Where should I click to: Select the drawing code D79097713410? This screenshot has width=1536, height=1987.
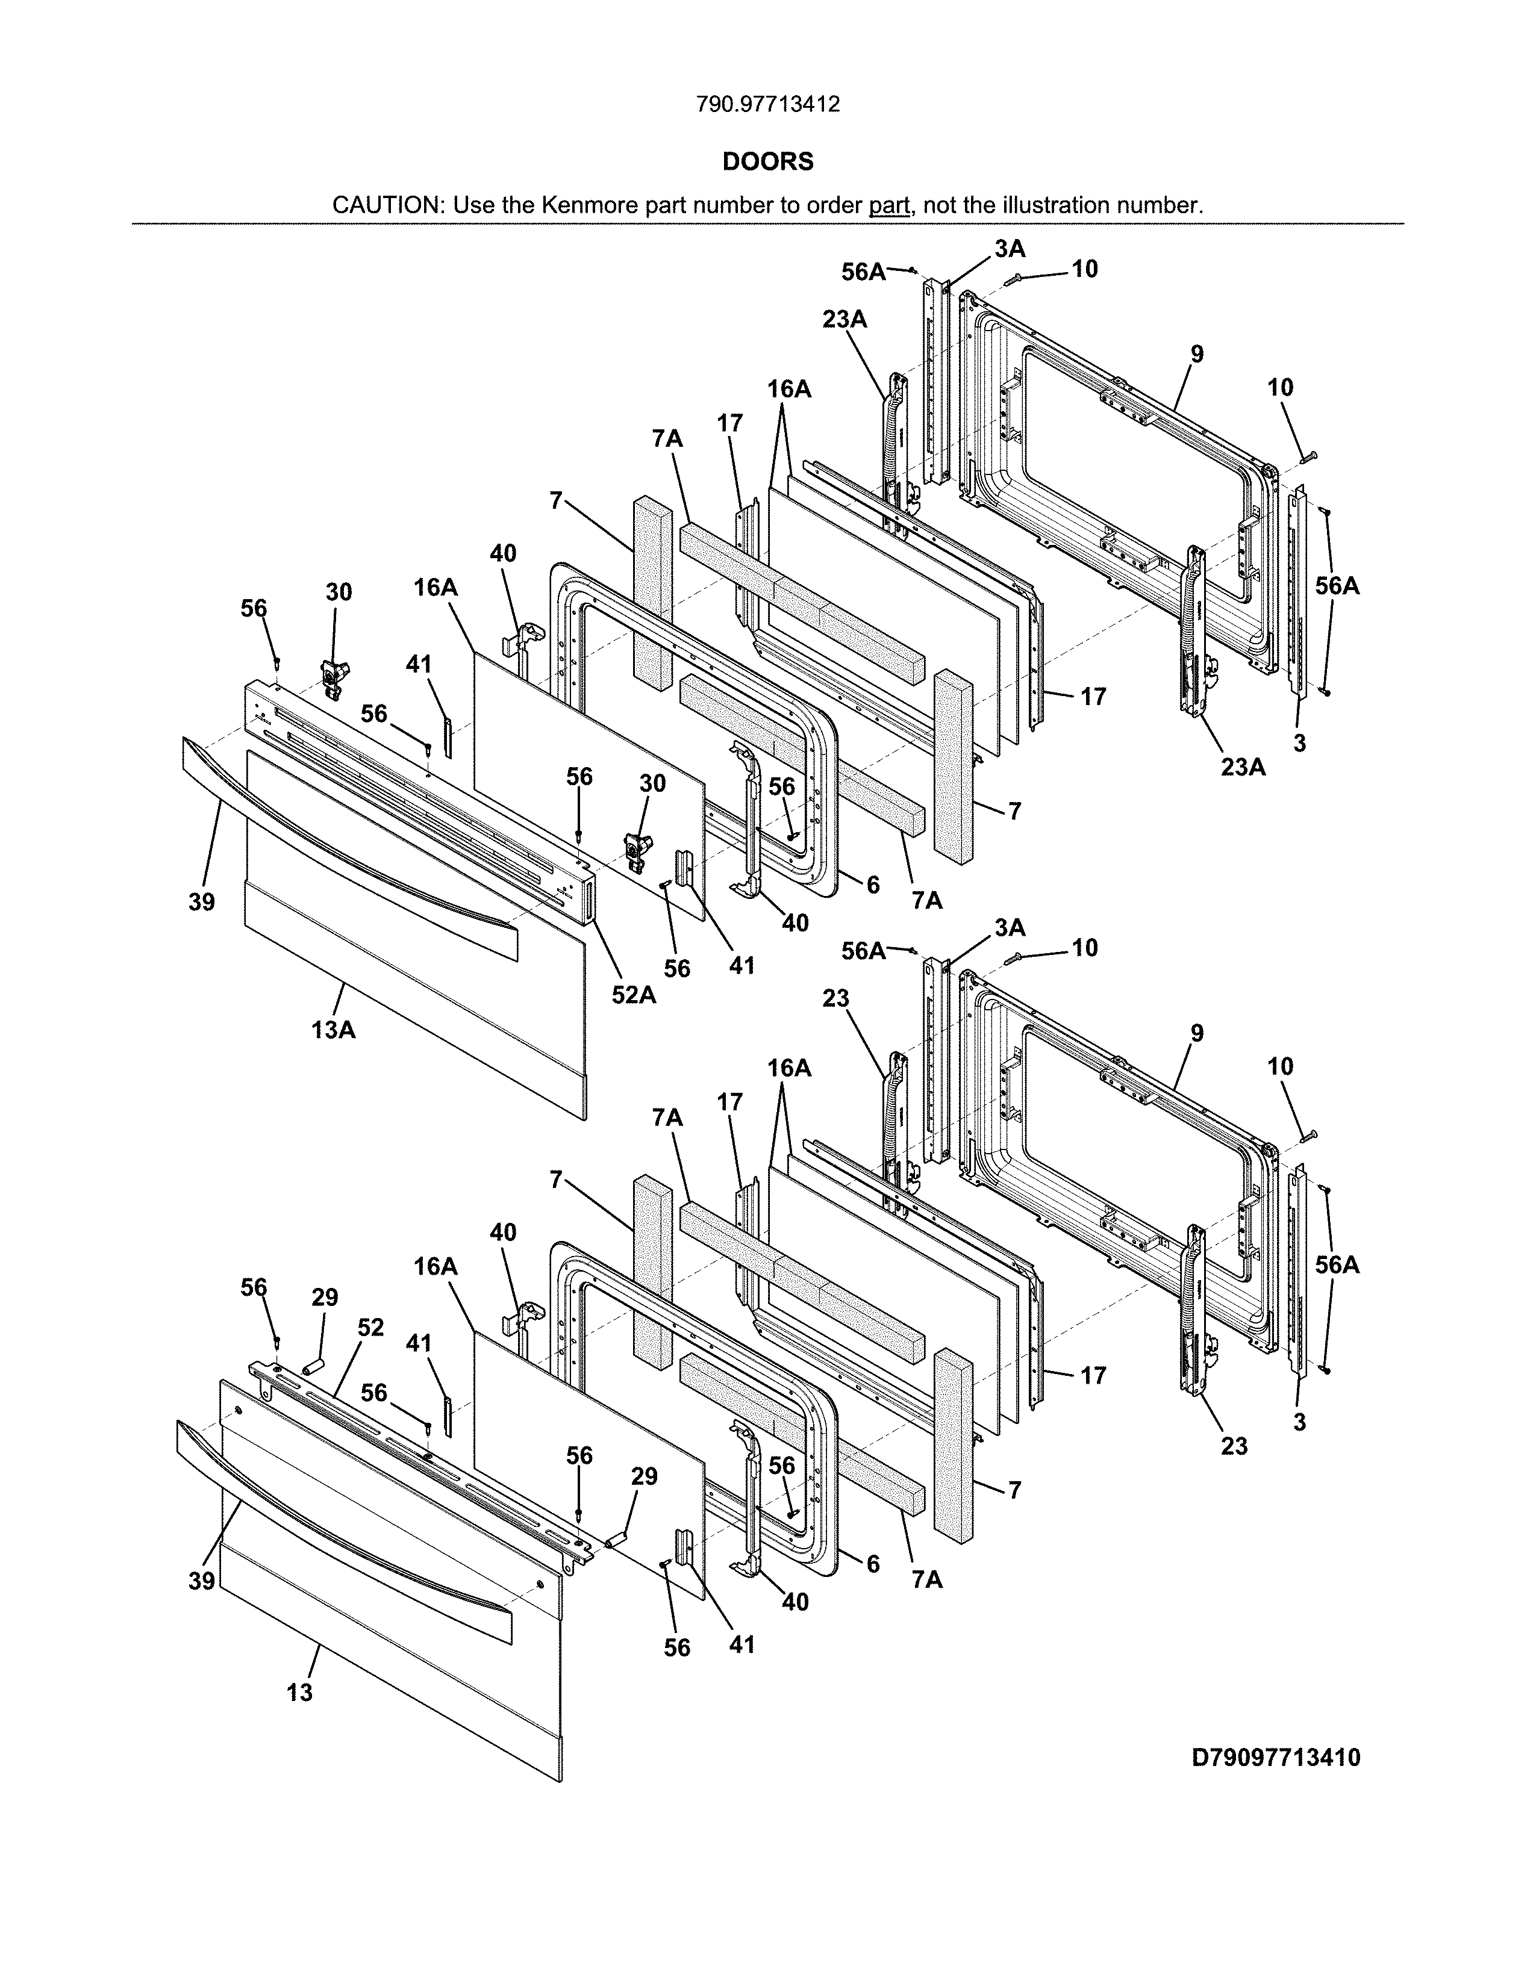1276,1758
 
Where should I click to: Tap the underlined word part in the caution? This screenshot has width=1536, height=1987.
889,205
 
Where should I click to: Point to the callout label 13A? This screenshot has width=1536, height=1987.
333,1030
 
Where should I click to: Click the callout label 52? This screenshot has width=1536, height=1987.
370,1328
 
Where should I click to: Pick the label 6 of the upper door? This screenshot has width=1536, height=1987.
873,885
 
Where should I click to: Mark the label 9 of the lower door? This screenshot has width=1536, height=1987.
1197,1033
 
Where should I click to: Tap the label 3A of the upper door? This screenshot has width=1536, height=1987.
1009,248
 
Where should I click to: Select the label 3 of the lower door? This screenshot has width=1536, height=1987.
1299,1422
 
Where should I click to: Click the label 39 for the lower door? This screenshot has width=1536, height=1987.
202,1581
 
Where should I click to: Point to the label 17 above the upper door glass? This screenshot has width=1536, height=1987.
730,423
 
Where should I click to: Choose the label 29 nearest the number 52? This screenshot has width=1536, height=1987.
325,1298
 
